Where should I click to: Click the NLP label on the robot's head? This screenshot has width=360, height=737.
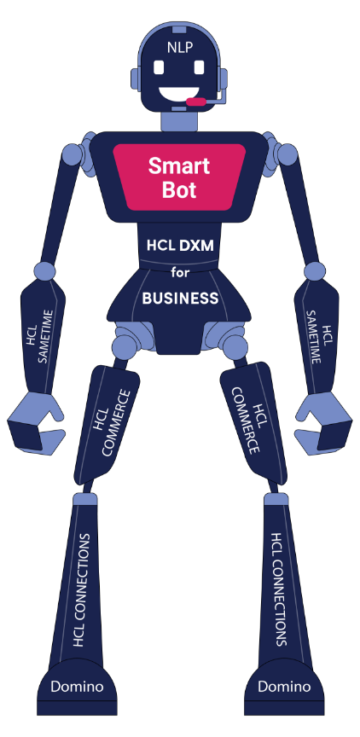(179, 47)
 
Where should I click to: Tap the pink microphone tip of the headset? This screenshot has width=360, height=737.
(195, 102)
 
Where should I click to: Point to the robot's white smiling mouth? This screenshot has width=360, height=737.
(177, 95)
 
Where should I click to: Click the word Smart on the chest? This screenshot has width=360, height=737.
(179, 166)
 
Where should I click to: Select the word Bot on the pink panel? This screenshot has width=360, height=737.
(179, 189)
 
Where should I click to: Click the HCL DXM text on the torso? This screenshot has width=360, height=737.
(181, 246)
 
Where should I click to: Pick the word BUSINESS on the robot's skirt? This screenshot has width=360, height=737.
(181, 298)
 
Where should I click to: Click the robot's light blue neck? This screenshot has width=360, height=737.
(179, 121)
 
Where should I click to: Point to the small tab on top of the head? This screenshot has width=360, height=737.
(179, 31)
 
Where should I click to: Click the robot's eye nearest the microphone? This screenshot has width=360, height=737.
(200, 67)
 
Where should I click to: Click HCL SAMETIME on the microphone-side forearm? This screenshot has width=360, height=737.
(317, 337)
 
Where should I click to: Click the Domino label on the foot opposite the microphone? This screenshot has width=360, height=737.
(77, 686)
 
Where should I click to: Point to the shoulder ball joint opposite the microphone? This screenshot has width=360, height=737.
(72, 154)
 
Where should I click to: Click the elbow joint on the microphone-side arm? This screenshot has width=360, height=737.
(315, 271)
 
